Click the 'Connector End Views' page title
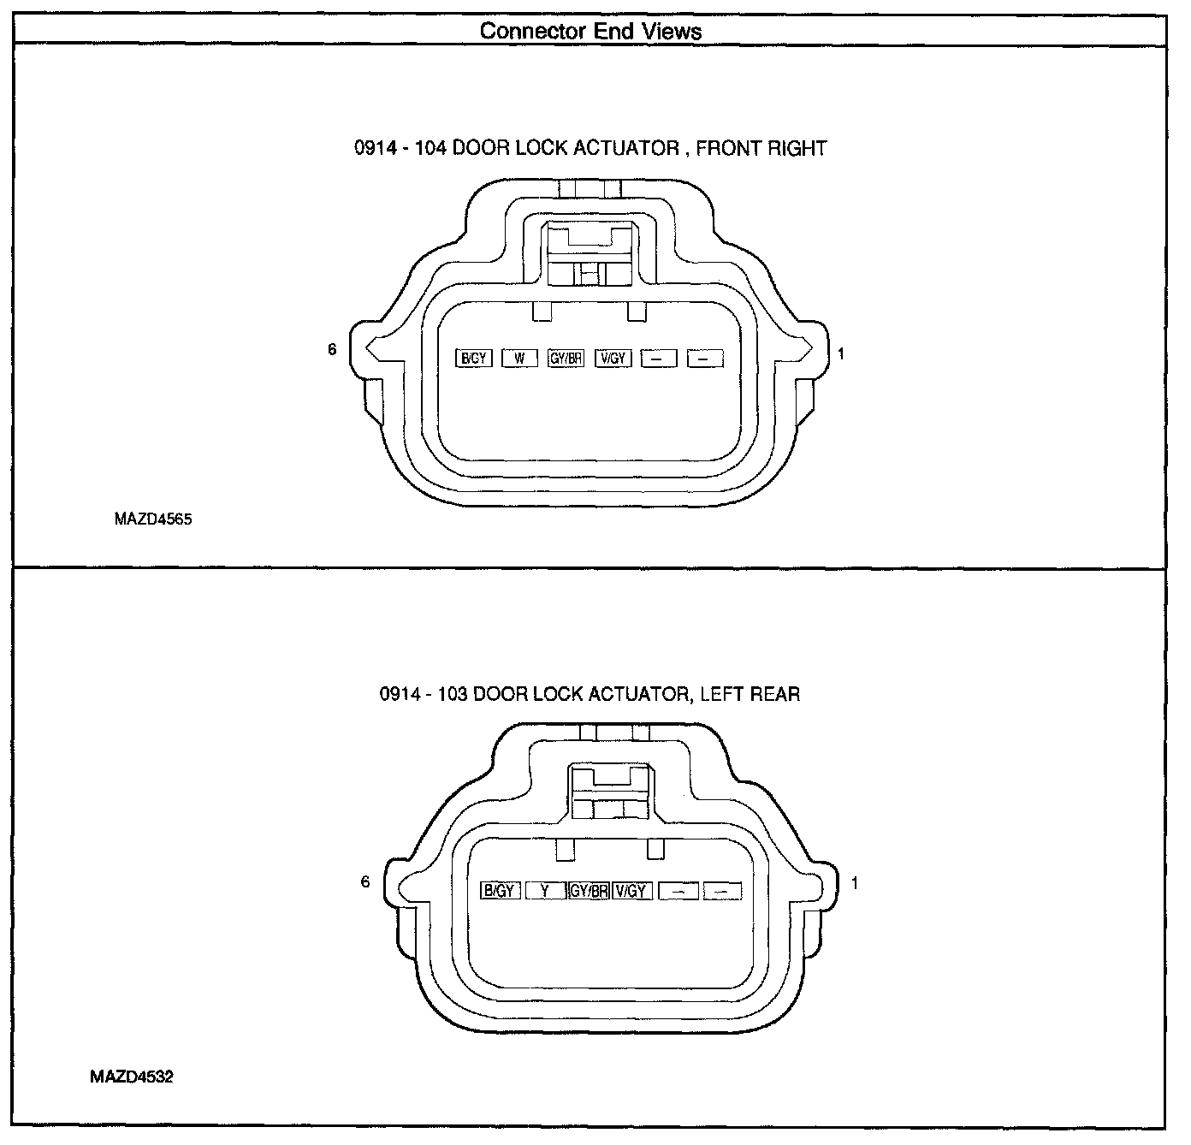point(590,32)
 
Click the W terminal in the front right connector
point(519,359)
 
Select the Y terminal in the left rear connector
point(546,891)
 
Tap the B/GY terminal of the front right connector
point(474,359)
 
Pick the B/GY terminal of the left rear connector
point(500,891)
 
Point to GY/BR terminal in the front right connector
point(566,359)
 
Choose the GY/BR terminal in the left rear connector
point(589,891)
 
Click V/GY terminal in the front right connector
point(613,359)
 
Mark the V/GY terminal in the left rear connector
point(631,891)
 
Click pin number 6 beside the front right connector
point(332,349)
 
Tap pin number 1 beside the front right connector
point(841,353)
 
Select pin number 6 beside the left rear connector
point(365,881)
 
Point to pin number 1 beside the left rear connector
point(854,883)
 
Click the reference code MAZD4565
point(153,519)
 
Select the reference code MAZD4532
point(132,1077)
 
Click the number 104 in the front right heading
point(430,148)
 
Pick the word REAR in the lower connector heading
point(775,693)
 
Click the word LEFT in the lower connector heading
point(720,693)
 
